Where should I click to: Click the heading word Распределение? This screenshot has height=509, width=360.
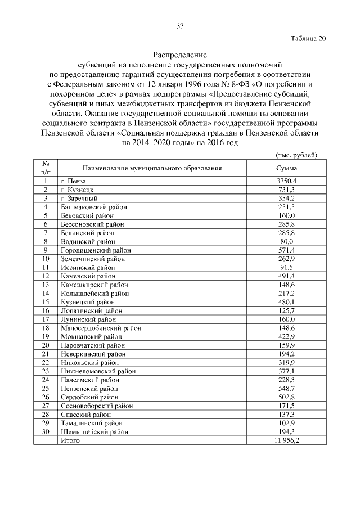click(180, 56)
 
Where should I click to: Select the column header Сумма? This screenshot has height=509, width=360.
click(286, 168)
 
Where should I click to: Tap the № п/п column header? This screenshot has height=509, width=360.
click(46, 168)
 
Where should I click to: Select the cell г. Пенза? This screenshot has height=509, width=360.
click(73, 181)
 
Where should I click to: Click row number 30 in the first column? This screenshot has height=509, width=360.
click(46, 431)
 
